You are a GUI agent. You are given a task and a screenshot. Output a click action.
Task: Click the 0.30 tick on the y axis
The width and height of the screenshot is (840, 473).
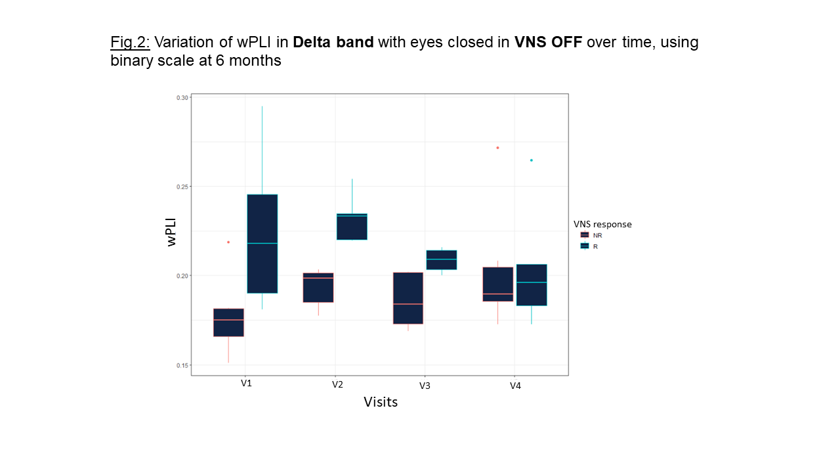[x=182, y=98]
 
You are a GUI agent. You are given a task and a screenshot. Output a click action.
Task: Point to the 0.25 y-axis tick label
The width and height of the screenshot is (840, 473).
[x=182, y=187]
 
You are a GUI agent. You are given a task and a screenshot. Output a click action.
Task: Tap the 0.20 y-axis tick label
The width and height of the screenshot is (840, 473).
[x=182, y=276]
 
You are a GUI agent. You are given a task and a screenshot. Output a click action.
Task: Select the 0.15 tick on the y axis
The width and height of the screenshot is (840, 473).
[x=182, y=365]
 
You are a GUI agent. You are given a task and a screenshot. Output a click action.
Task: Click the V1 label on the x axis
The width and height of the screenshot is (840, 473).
[x=246, y=383]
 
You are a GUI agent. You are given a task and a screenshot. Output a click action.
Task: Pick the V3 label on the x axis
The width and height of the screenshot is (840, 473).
[x=425, y=385]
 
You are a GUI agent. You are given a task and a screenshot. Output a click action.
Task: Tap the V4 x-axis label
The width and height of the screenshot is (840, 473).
[x=515, y=386]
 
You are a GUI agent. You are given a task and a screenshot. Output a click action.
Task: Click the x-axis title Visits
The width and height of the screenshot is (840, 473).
[x=381, y=402]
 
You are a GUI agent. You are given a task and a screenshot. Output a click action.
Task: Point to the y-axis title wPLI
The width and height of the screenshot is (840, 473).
[x=172, y=231]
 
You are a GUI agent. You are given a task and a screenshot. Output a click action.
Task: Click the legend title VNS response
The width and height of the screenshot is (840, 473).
[x=602, y=224]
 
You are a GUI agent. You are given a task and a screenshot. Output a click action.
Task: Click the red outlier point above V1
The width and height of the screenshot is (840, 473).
[x=228, y=242]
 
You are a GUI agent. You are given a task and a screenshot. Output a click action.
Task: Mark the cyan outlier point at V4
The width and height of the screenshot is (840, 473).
[x=532, y=160]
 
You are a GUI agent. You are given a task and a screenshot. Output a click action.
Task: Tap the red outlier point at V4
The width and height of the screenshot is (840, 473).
[x=497, y=148]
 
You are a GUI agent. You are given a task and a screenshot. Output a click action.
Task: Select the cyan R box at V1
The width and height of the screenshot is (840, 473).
[x=262, y=244]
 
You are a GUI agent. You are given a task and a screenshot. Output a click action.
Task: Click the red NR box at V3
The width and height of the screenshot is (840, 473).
[x=408, y=298]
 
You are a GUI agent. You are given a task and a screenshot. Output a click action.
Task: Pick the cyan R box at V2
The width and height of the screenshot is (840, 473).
[x=352, y=227]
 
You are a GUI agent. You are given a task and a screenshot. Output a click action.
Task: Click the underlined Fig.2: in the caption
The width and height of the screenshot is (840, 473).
[x=130, y=43]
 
